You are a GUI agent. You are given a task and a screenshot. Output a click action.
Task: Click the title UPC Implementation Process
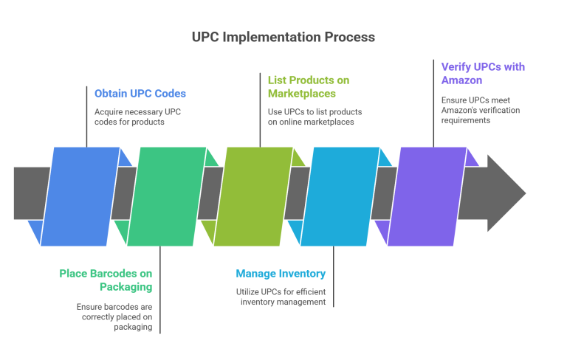click(283, 36)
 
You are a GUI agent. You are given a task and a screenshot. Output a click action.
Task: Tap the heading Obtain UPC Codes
click(140, 93)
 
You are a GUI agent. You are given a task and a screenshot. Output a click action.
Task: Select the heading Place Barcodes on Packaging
click(106, 280)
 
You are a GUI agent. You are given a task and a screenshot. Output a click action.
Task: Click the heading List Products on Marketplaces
click(309, 86)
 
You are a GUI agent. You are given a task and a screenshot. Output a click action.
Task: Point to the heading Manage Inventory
click(281, 274)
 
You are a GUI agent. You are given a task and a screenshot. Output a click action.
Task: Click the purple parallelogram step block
click(427, 195)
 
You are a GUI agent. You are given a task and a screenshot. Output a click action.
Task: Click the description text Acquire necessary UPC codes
click(138, 117)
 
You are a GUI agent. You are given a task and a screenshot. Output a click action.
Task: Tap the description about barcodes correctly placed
click(114, 316)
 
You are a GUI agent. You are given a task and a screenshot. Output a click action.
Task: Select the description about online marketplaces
click(315, 117)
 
